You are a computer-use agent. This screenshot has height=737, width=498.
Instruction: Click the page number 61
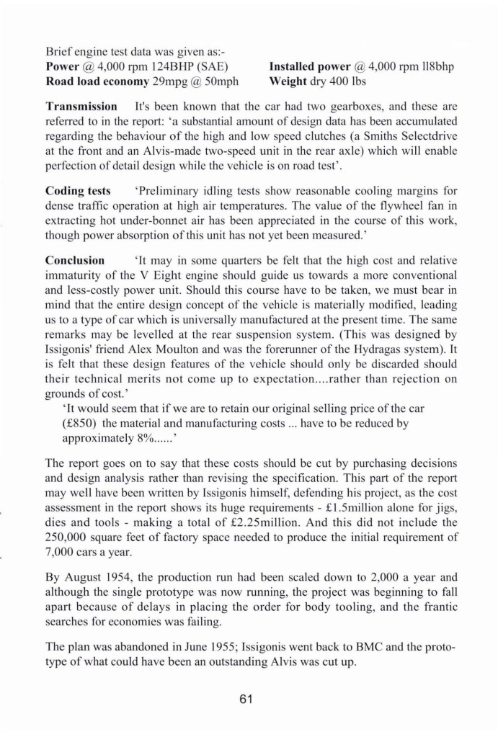click(249, 697)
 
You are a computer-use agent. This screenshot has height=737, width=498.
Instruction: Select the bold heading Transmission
click(81, 106)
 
